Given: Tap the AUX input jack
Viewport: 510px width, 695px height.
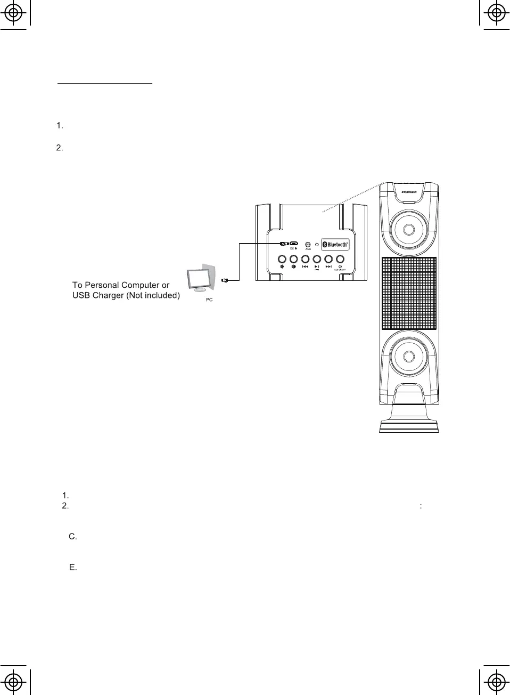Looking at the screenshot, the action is coord(308,244).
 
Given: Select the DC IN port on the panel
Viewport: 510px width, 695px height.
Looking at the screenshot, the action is coord(293,244).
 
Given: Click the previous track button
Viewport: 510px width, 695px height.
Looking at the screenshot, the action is coord(305,260).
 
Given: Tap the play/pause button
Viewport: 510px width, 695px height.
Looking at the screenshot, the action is coord(317,260).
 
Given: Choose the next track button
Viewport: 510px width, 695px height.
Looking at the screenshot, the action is coord(328,260).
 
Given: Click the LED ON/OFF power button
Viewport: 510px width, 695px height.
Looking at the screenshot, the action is coord(340,260).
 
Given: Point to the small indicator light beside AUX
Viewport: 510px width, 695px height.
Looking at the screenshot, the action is coord(317,244).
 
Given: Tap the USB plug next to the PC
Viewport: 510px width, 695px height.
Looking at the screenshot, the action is coord(224,279).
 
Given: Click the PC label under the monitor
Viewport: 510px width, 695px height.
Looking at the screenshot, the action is coord(209,300).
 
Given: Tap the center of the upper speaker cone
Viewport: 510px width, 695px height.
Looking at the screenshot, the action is coord(408,229).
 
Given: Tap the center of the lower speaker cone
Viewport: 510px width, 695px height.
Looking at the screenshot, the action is coord(408,356).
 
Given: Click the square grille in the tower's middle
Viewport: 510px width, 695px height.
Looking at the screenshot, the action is coord(408,293).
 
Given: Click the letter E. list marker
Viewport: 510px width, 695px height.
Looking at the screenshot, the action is coord(73,568).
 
